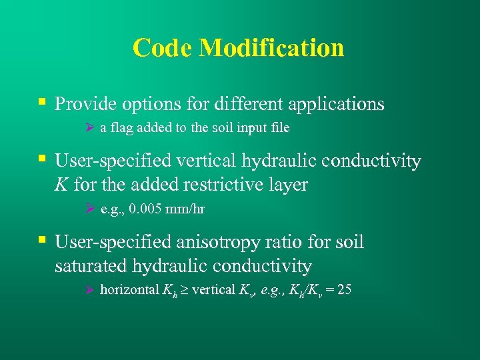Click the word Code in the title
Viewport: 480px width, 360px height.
coord(163,48)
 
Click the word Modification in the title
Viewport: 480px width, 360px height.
coord(271,48)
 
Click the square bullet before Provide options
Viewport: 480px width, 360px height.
coord(42,103)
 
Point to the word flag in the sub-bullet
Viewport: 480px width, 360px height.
coord(122,128)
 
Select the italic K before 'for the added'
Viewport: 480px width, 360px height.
coord(61,185)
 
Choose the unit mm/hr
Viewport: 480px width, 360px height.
coord(187,209)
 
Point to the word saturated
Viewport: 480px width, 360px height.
coord(93,266)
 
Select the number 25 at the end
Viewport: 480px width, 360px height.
coord(344,290)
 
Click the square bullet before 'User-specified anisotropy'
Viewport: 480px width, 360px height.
coord(42,240)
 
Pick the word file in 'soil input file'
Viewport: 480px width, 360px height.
coord(279,128)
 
